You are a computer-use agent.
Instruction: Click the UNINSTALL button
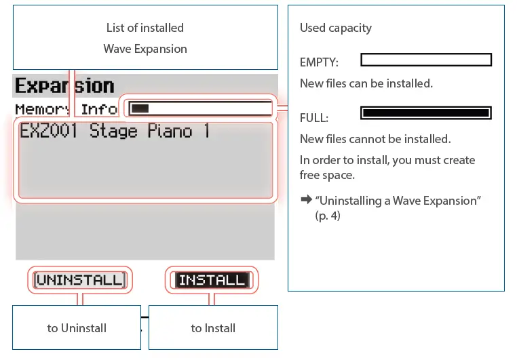(80, 279)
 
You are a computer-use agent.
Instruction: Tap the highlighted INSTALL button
(212, 279)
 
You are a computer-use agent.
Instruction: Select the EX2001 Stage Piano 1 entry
(114, 131)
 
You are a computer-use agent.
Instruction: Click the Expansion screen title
(64, 86)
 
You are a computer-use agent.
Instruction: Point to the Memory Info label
(66, 109)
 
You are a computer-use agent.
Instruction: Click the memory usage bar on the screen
(200, 108)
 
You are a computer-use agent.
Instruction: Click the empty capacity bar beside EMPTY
(425, 60)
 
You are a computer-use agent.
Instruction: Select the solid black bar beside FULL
(425, 113)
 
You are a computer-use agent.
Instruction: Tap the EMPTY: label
(319, 63)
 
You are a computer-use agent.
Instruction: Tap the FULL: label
(314, 118)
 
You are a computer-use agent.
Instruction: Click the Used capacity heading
(335, 28)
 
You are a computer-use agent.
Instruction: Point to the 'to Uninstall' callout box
(77, 328)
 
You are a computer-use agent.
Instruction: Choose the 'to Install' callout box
(213, 328)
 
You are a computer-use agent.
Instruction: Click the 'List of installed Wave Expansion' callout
(145, 38)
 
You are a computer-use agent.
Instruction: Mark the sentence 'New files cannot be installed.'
(375, 140)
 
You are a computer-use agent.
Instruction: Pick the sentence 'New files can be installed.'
(366, 83)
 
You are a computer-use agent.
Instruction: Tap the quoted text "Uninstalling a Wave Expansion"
(398, 201)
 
